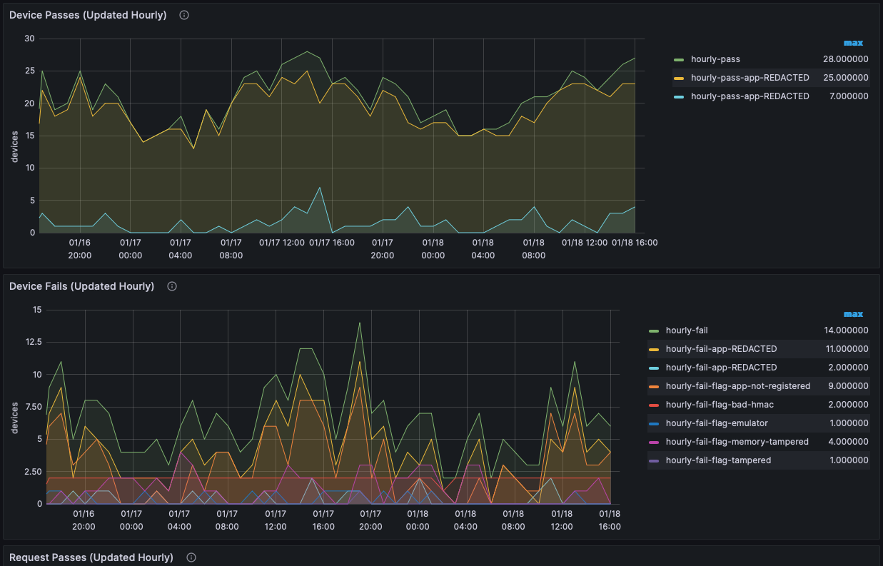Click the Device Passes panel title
88,15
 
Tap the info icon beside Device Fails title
172,286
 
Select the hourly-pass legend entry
715,59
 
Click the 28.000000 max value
846,59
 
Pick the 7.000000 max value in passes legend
849,96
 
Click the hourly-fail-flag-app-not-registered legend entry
738,386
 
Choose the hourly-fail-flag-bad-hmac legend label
720,405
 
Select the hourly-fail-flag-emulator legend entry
717,423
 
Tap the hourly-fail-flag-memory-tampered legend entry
737,441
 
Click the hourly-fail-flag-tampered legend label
718,460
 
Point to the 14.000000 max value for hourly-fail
846,330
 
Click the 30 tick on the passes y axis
29,39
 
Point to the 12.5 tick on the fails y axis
34,342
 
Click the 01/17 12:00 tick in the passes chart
282,243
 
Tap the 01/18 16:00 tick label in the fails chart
610,520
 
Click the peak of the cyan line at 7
320,188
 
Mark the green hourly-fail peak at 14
360,323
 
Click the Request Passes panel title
91,557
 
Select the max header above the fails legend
854,314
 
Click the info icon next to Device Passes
184,15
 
